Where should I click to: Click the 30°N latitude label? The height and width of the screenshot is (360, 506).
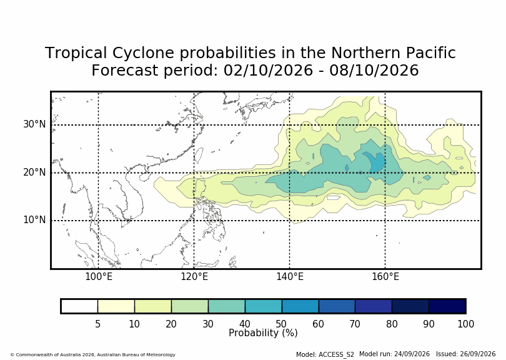[34, 124]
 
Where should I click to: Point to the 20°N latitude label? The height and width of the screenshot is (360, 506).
[34, 172]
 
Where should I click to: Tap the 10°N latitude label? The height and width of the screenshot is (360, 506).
[34, 220]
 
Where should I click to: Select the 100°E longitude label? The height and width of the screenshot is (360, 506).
[99, 277]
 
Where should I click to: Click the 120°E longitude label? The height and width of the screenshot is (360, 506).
[194, 277]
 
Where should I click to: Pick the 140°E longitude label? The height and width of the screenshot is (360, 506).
[290, 277]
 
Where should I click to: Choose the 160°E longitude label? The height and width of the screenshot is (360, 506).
[385, 277]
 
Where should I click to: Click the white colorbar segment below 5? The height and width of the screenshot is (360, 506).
[79, 306]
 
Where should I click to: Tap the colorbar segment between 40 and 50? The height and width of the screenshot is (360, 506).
[264, 306]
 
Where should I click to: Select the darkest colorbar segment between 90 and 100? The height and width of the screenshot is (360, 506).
[447, 306]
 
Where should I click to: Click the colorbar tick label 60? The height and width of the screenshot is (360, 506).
[318, 324]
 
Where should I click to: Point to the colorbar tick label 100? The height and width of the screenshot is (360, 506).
[465, 324]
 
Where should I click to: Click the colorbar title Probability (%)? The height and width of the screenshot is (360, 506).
[263, 333]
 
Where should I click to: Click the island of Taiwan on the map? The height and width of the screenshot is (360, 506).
[199, 155]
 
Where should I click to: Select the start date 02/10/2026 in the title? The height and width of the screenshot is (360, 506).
[268, 70]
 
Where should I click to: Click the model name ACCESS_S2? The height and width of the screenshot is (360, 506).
[336, 354]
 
